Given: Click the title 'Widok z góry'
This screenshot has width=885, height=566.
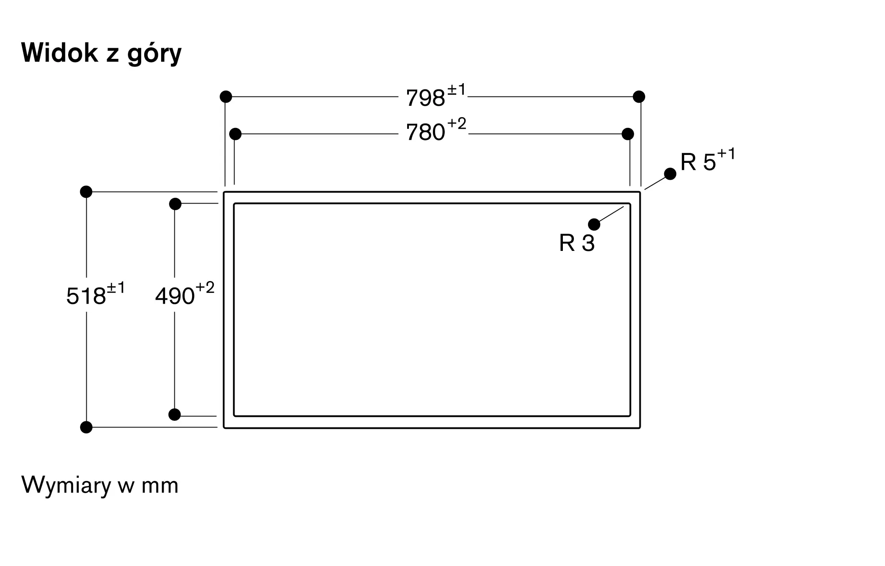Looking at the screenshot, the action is [101, 53].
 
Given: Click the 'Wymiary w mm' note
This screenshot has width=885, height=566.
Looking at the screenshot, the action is [100, 485].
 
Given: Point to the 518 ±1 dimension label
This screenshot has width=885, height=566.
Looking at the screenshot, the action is [96, 294].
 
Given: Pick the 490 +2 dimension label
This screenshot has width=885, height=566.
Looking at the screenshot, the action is [185, 294].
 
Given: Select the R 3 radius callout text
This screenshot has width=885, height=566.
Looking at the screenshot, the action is [577, 243].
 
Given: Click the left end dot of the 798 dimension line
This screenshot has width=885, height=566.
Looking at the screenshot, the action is [226, 96].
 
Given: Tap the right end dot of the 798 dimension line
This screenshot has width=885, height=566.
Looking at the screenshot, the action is [639, 96].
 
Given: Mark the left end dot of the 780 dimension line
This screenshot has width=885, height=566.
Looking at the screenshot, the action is [235, 134].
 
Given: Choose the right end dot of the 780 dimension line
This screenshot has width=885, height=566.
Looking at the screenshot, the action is [627, 134].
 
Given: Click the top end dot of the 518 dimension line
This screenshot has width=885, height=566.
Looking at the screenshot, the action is [86, 192].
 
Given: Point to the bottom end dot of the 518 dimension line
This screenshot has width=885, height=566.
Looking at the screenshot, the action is [86, 427].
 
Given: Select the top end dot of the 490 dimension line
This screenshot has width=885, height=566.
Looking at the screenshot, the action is [175, 204].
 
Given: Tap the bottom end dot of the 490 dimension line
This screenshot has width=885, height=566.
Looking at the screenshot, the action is [175, 415].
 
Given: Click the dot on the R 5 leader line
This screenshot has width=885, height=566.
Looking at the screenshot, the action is [670, 174].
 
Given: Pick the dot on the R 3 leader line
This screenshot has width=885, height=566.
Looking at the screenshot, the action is [594, 224].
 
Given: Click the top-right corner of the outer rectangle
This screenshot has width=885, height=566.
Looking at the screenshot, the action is [640, 192].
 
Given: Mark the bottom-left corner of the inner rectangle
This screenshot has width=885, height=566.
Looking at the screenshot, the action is [234, 416].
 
